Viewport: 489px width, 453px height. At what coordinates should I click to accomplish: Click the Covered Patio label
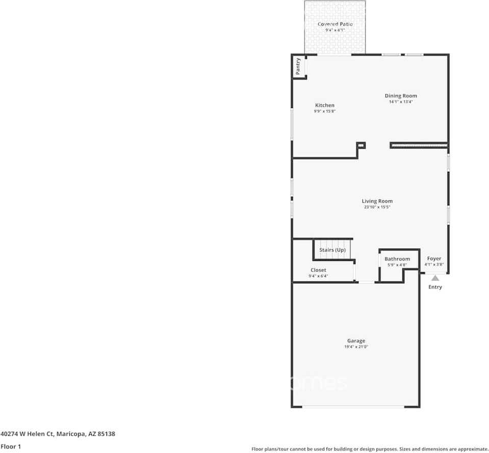335,24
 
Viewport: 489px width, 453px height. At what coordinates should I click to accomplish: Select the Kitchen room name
324,105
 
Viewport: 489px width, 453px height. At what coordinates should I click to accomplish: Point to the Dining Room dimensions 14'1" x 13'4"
401,101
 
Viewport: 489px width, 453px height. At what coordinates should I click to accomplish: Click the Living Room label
377,201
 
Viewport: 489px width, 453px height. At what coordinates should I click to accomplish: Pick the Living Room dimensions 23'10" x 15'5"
377,207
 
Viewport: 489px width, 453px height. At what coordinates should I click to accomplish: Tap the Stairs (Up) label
332,250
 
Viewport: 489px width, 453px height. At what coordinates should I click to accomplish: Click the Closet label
318,270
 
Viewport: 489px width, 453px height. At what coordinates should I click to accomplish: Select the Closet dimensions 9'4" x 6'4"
318,276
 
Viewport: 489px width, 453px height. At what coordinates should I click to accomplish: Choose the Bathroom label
397,259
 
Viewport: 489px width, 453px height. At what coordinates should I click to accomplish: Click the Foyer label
434,259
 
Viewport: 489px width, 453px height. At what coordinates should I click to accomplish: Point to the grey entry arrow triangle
435,278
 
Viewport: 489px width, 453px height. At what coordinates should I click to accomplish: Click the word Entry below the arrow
435,287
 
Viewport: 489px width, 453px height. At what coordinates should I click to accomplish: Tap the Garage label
356,341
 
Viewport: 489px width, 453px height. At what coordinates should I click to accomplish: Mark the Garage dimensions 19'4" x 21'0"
356,347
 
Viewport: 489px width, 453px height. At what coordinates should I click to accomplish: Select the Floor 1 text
11,446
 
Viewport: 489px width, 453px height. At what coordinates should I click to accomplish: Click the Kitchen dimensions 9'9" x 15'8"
324,111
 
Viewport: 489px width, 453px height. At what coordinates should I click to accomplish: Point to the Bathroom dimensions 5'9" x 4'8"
397,265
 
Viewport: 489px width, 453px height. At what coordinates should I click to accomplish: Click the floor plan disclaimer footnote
370,449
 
